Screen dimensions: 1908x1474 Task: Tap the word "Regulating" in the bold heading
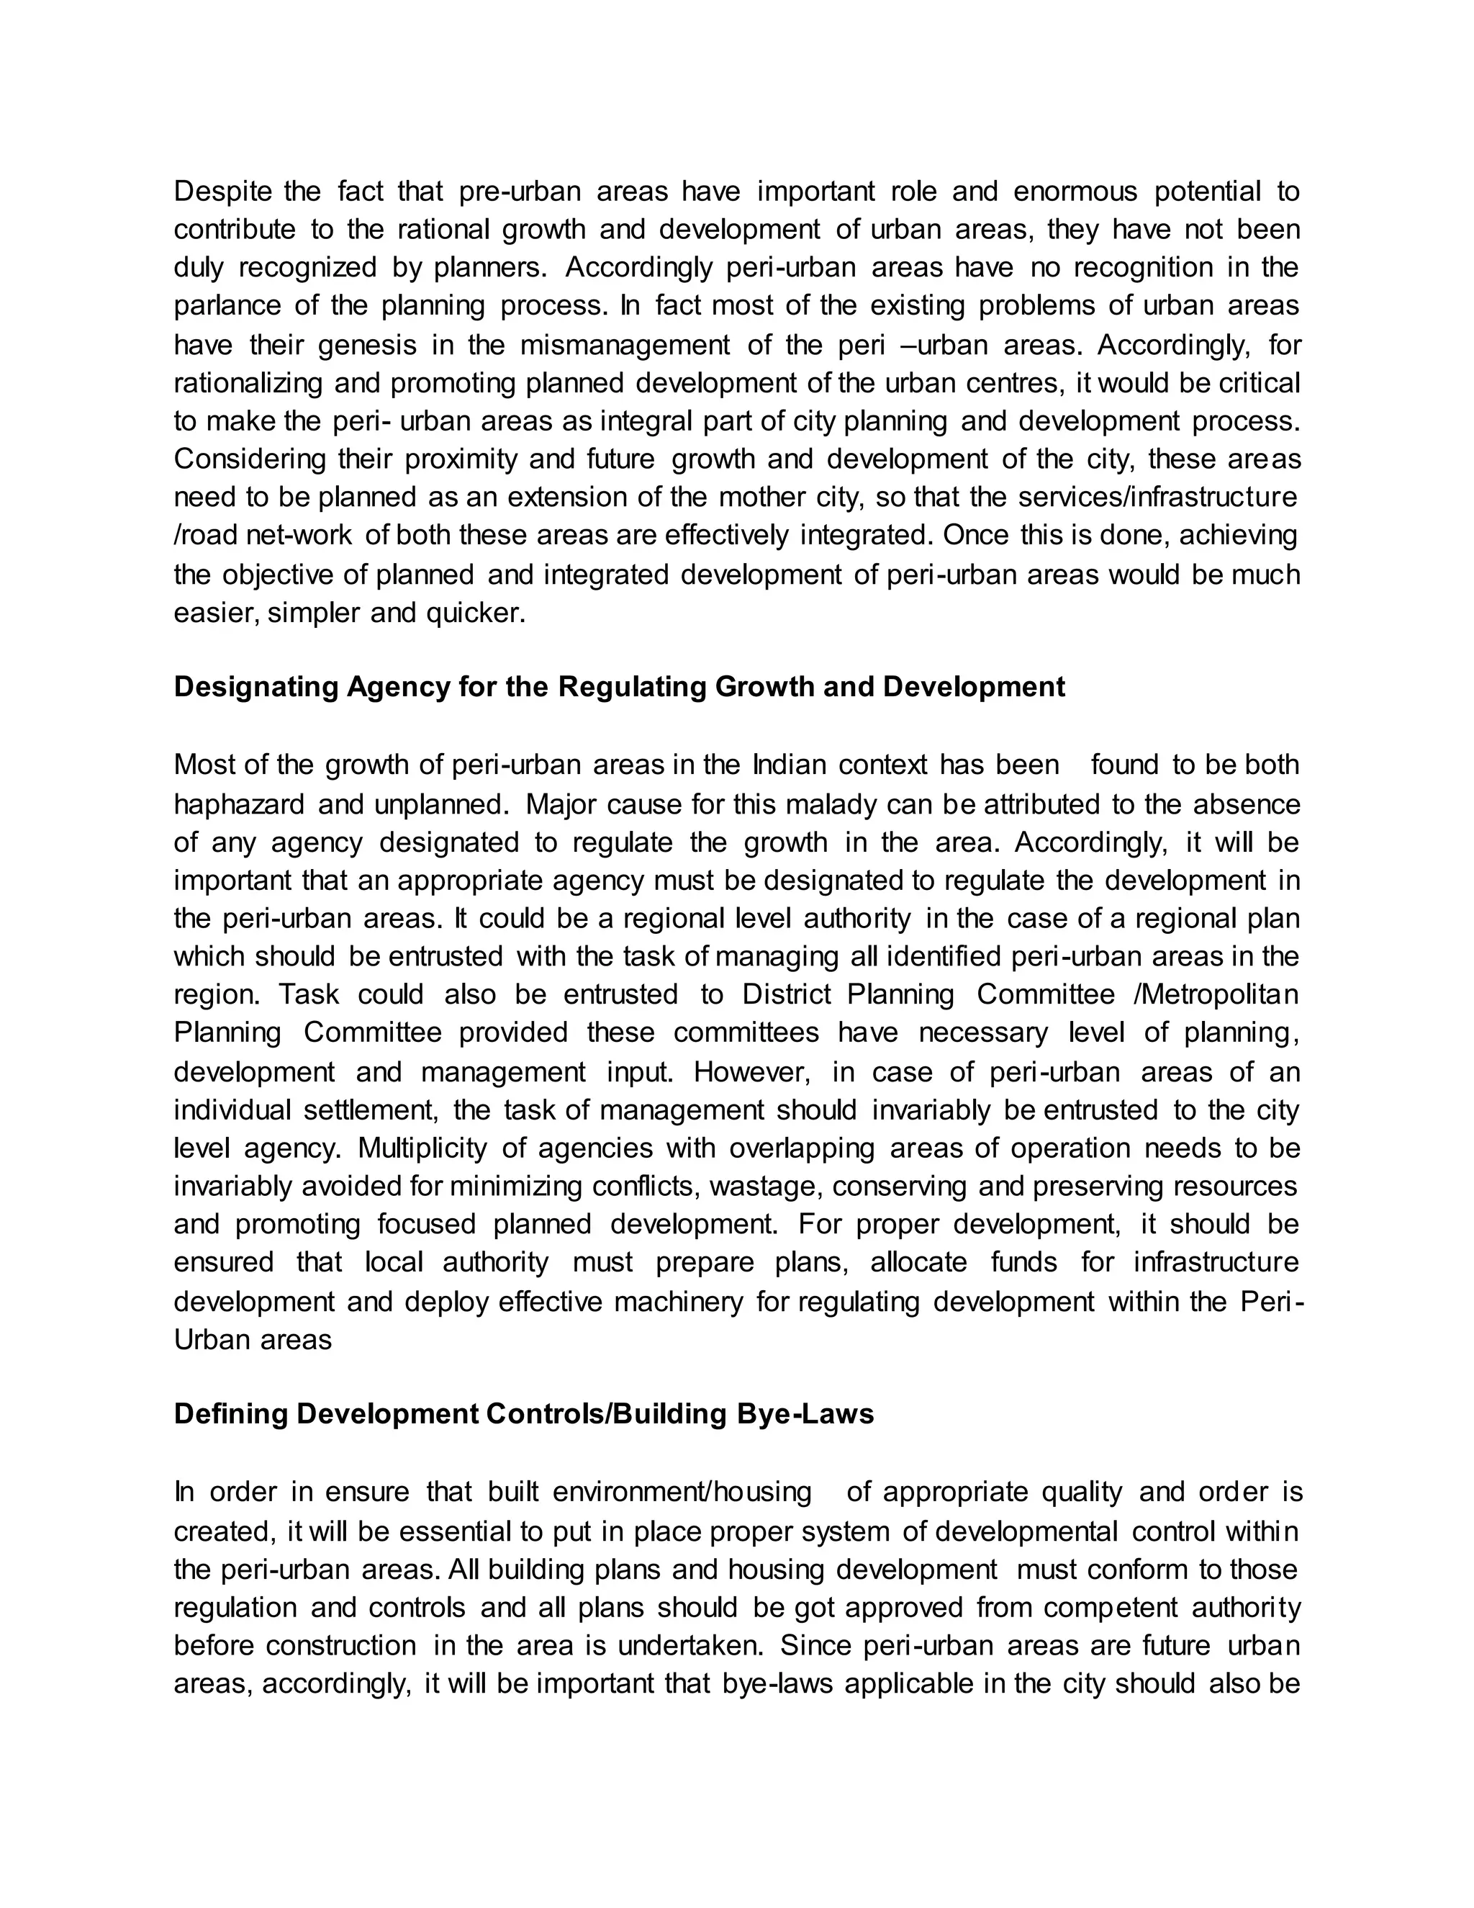click(631, 687)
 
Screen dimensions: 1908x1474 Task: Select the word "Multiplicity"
click(422, 1147)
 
